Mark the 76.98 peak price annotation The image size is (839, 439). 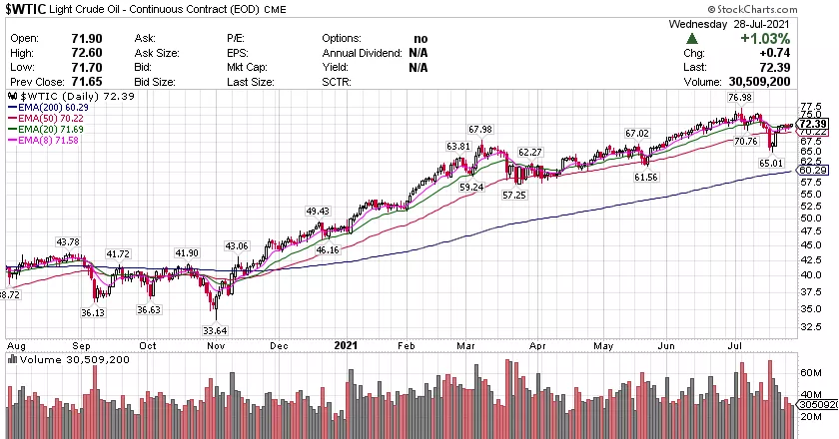pos(740,98)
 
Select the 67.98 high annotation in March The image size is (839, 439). pos(480,130)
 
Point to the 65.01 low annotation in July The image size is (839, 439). pos(770,163)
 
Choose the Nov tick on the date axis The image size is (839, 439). pos(215,344)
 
